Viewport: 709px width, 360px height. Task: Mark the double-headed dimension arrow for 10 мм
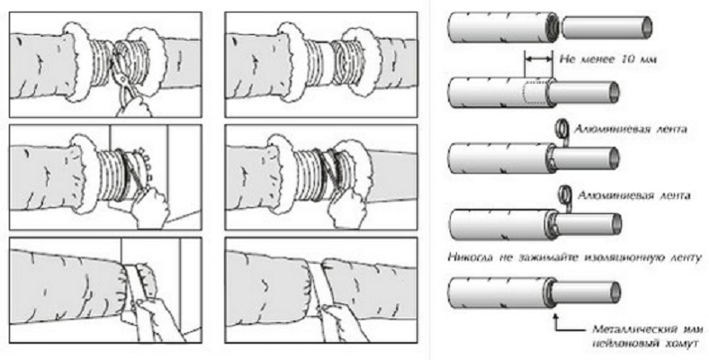click(538, 60)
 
